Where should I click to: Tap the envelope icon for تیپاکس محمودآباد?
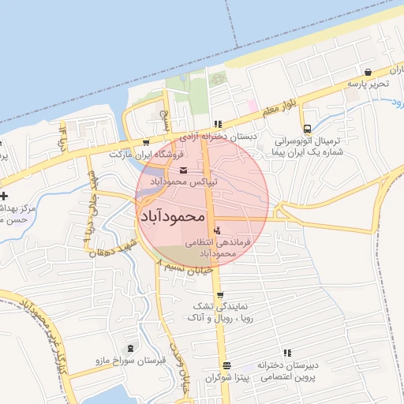tap(184, 170)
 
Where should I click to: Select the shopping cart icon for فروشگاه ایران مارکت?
tap(146, 143)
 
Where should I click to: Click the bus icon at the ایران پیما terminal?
tap(307, 129)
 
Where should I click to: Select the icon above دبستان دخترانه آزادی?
tap(218, 124)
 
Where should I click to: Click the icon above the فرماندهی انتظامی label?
tap(217, 229)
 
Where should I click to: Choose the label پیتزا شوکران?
tap(227, 378)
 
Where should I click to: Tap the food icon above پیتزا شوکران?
tap(227, 365)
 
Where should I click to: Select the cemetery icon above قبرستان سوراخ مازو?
tap(131, 348)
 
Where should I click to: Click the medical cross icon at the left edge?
tap(5, 195)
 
